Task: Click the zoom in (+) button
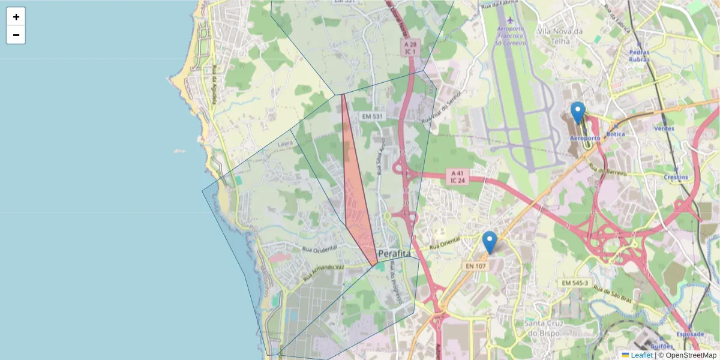(x=16, y=17)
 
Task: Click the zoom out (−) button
(x=16, y=35)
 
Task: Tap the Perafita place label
(x=394, y=254)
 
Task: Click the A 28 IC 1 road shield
(x=410, y=48)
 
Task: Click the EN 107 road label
(x=475, y=265)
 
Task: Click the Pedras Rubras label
(x=639, y=55)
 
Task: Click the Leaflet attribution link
(x=641, y=355)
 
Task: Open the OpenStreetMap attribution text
(x=687, y=355)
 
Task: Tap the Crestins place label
(x=675, y=178)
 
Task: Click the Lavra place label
(x=286, y=143)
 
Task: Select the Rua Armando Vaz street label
(x=323, y=273)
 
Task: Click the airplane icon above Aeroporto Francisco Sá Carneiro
(x=510, y=20)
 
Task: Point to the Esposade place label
(x=689, y=334)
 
